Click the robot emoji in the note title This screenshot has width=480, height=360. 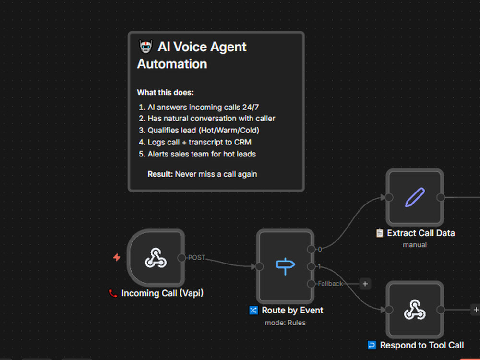[x=146, y=47]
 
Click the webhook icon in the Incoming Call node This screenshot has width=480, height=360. [x=156, y=258]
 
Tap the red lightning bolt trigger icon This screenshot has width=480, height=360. [x=117, y=257]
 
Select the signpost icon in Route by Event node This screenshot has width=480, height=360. [x=285, y=266]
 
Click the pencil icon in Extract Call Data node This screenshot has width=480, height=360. [x=415, y=197]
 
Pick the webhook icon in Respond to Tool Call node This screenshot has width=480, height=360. [x=415, y=310]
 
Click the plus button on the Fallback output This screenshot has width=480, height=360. [x=365, y=284]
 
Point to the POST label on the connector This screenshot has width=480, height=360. [x=196, y=257]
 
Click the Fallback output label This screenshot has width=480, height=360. [x=330, y=284]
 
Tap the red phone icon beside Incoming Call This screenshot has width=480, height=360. [x=113, y=293]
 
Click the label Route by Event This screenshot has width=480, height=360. [x=292, y=311]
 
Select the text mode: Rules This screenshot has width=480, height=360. [x=285, y=323]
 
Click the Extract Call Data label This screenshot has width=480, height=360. [x=421, y=233]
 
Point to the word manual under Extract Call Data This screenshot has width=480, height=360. [x=415, y=245]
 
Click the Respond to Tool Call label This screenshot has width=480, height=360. [x=422, y=345]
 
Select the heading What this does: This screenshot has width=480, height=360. [x=165, y=92]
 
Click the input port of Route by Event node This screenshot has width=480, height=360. [x=259, y=266]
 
